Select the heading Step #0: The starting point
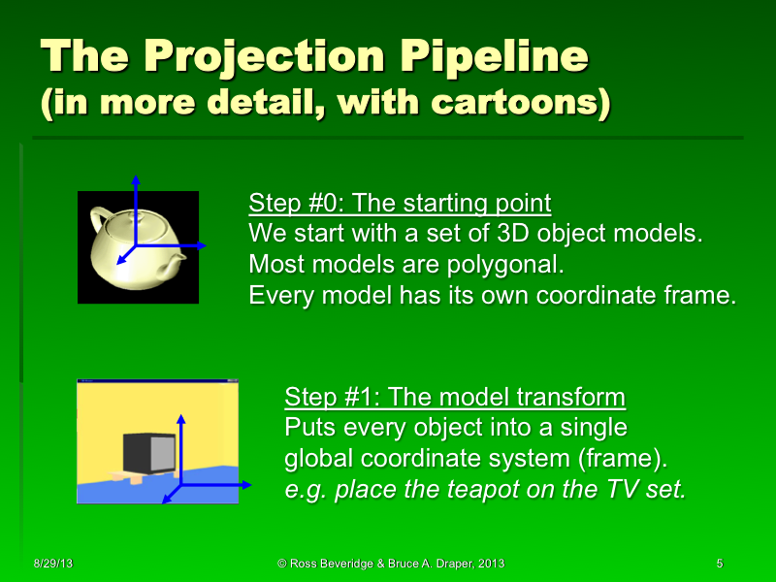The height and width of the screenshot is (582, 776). click(x=400, y=204)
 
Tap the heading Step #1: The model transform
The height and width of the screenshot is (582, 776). click(x=455, y=398)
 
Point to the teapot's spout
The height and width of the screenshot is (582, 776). click(x=175, y=264)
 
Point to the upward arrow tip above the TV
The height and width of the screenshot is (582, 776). click(x=181, y=417)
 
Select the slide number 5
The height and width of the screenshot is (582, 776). click(x=719, y=564)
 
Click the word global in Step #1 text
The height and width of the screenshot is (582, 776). click(x=316, y=459)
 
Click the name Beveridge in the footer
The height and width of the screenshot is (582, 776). click(x=343, y=564)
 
